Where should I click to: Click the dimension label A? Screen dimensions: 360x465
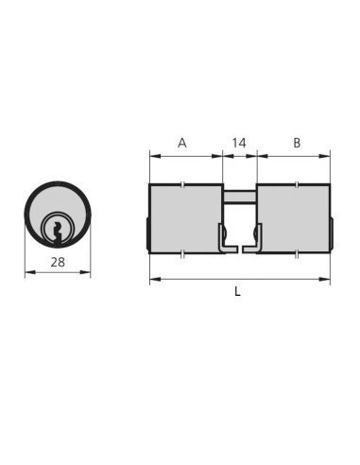[x=182, y=143]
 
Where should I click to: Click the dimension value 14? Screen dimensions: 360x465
[x=239, y=143]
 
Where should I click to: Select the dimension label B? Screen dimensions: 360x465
[x=297, y=143]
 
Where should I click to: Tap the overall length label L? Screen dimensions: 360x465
[x=237, y=291]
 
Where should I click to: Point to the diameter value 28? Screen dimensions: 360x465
[x=58, y=262]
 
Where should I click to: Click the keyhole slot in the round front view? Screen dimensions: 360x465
[x=58, y=233]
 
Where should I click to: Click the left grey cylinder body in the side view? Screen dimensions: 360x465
[x=186, y=218]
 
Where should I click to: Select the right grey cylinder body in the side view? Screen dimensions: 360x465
[x=294, y=218]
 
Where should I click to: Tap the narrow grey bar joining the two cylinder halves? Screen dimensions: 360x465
[x=240, y=197]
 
